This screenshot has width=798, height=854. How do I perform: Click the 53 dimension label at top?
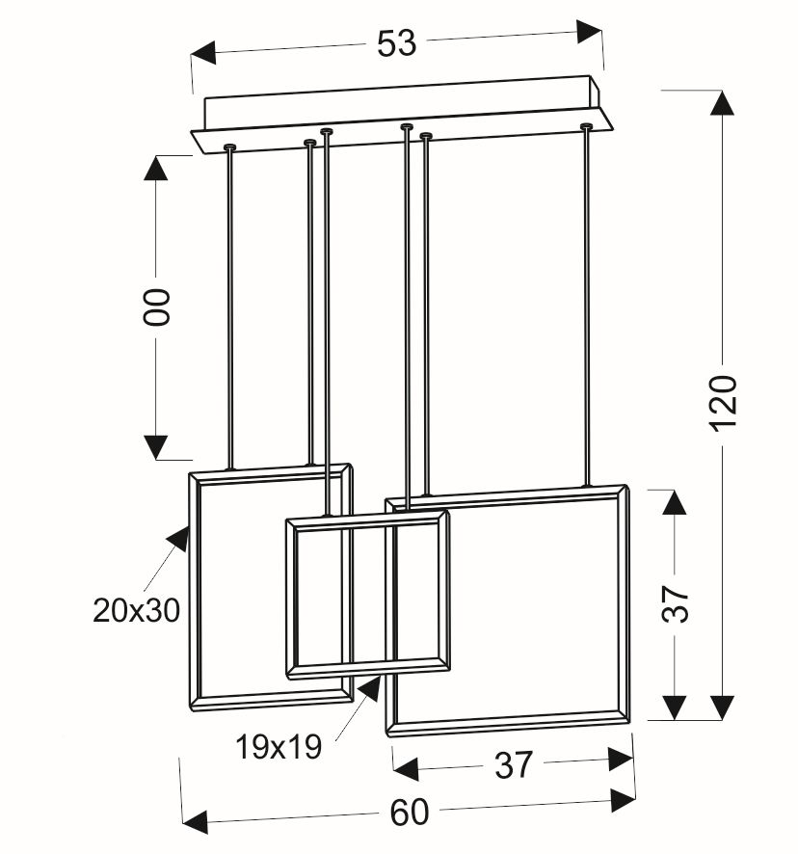(x=396, y=43)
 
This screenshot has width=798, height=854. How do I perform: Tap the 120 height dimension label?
(x=725, y=403)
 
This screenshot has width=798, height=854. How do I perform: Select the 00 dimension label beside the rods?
(x=157, y=307)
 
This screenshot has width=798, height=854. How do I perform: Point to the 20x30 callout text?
(x=136, y=610)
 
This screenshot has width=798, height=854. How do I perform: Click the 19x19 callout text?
(x=279, y=747)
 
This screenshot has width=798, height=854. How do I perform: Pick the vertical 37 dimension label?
(x=676, y=604)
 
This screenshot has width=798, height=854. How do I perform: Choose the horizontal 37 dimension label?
(x=513, y=764)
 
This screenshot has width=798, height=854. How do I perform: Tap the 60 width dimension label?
(x=410, y=813)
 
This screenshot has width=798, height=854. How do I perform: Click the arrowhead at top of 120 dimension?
(x=723, y=102)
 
